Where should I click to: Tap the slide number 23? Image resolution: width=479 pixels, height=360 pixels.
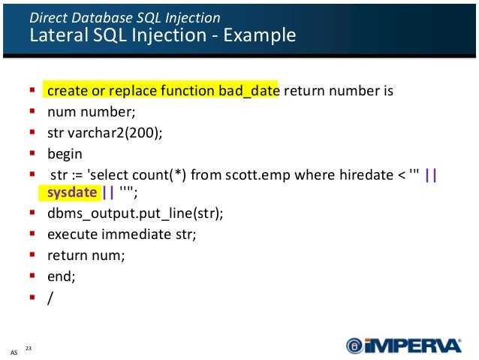click(x=29, y=347)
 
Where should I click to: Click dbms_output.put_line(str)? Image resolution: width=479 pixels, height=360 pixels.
click(x=135, y=213)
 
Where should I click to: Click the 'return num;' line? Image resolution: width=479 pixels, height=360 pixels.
click(x=86, y=255)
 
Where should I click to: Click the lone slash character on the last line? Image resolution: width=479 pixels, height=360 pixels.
click(x=50, y=297)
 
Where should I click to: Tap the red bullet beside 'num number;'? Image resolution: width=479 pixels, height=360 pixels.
click(x=33, y=112)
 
